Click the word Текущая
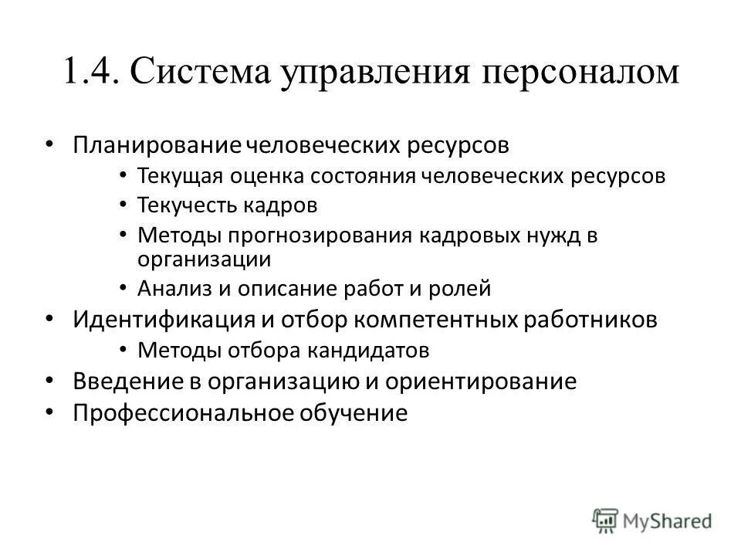179,176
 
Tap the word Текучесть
191,206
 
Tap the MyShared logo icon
604,519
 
